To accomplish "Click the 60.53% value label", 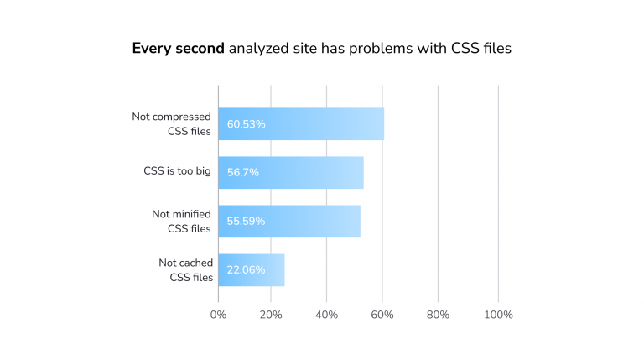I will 246,124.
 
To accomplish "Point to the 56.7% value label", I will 242,172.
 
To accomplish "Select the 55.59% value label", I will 246,221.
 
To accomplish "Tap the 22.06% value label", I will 246,269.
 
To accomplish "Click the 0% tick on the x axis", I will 218,315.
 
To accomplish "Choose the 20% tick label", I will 271,315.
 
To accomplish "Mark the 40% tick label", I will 326,315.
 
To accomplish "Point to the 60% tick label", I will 382,315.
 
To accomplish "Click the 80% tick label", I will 438,315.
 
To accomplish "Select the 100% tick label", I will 498,315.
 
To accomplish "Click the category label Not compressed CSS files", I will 171,123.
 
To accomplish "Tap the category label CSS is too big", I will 177,171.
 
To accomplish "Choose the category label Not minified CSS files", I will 181,221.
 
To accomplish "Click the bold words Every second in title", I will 178,49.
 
